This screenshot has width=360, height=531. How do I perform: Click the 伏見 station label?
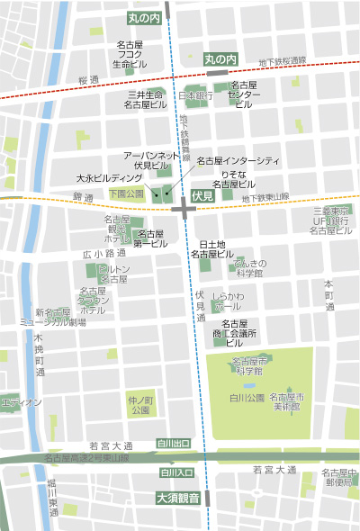pyautogui.click(x=202, y=195)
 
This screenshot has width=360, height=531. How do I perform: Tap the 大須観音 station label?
pyautogui.click(x=177, y=497)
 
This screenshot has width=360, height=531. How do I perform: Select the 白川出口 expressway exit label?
pyautogui.click(x=174, y=444)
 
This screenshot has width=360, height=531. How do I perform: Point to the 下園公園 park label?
pyautogui.click(x=126, y=193)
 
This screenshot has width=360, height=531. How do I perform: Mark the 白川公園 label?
pyautogui.click(x=246, y=397)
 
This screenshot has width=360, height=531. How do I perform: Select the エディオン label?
pyautogui.click(x=22, y=402)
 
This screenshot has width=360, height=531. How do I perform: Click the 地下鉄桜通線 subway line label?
pyautogui.click(x=282, y=61)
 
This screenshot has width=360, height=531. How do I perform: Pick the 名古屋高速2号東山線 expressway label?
pyautogui.click(x=86, y=457)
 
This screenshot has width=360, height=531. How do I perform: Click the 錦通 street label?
pyautogui.click(x=84, y=195)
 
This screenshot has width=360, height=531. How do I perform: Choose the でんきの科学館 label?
pyautogui.click(x=248, y=267)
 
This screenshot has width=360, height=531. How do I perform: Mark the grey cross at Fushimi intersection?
pyautogui.click(x=184, y=209)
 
